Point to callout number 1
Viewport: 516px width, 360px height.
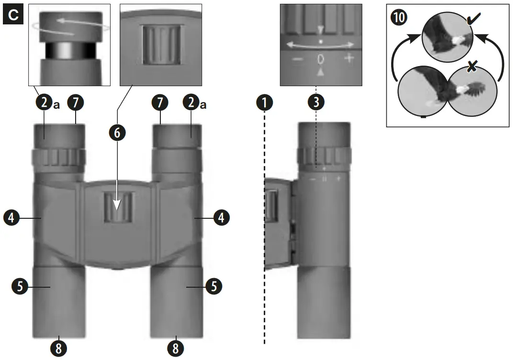point(264,102)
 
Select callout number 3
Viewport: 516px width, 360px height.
point(316,102)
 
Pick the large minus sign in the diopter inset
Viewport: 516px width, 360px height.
point(297,60)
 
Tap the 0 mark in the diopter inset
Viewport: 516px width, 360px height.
point(320,60)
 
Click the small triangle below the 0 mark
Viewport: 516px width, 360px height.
point(320,72)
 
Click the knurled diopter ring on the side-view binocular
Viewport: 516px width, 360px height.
point(325,156)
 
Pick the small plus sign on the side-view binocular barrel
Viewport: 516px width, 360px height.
point(338,179)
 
